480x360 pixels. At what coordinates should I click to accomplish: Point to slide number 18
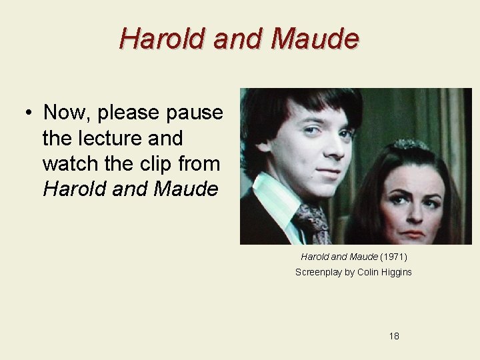pos(394,336)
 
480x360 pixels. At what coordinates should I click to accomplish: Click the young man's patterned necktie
pos(311,220)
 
